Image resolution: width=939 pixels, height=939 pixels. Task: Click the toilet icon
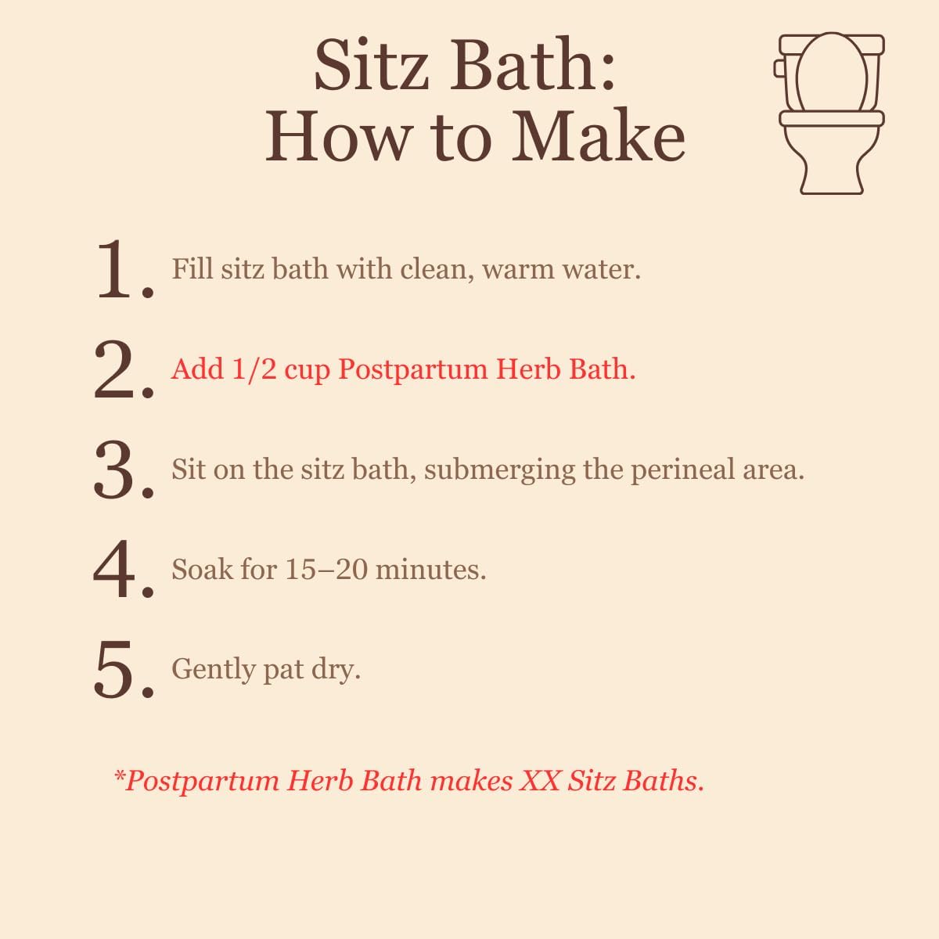829,113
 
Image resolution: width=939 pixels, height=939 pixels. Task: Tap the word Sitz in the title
372,65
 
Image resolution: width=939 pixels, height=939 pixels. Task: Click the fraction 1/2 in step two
254,369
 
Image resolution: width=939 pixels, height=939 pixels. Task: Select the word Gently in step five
214,670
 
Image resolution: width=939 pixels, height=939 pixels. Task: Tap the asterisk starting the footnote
119,774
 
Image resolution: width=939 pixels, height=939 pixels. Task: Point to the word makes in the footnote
472,781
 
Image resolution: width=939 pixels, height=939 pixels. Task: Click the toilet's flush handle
778,68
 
